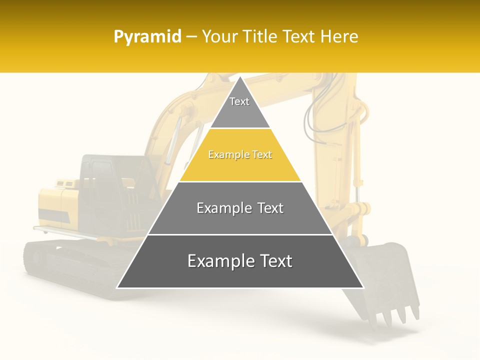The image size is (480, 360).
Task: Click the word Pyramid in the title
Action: pos(147,37)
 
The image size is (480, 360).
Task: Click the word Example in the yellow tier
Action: pos(224,155)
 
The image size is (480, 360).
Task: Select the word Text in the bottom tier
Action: pos(271,261)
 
